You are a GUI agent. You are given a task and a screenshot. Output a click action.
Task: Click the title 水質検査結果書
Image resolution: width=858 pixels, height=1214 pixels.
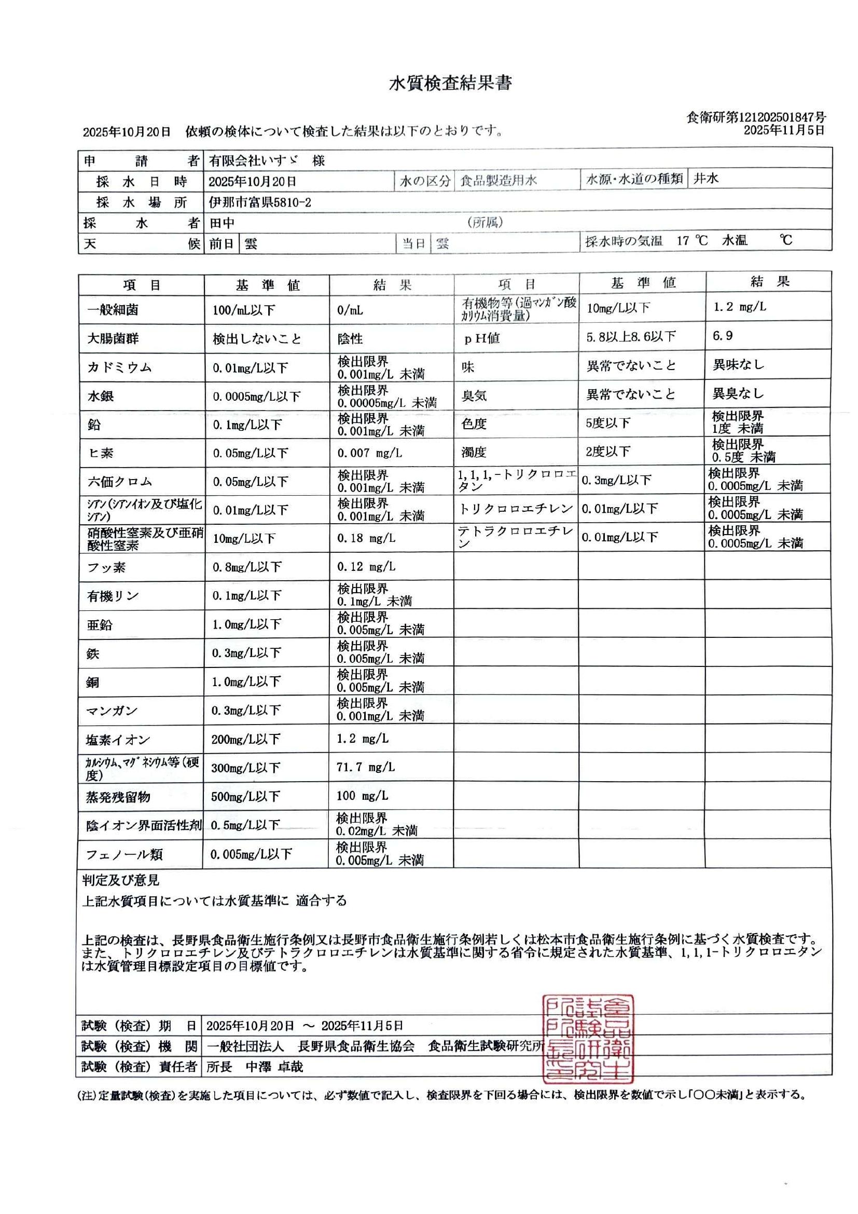click(x=450, y=84)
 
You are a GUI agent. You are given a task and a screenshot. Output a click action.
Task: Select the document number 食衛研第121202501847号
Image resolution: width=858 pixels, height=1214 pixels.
click(x=756, y=117)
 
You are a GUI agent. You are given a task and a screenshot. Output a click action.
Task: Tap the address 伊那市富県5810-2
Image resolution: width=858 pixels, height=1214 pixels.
click(x=259, y=202)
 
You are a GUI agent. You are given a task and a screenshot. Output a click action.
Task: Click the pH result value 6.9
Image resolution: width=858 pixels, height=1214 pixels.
click(x=722, y=336)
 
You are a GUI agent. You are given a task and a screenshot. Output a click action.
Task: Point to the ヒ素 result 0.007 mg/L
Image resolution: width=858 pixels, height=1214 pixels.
click(x=369, y=453)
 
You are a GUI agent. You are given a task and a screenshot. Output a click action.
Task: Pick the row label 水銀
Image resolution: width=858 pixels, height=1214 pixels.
click(x=101, y=396)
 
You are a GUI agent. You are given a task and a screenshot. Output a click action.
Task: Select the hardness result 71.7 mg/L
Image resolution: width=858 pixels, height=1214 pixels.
click(x=366, y=767)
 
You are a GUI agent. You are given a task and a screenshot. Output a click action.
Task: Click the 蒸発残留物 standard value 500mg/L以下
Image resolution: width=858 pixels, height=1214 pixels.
click(x=245, y=796)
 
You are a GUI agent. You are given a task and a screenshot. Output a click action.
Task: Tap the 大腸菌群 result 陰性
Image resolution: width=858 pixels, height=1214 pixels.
click(x=350, y=339)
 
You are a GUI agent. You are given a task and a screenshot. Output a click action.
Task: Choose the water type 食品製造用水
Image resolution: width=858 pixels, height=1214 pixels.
click(x=498, y=181)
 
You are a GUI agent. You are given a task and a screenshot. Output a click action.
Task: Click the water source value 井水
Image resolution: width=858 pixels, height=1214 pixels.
click(x=706, y=179)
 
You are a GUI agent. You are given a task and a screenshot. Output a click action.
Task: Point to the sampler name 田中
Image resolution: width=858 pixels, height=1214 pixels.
click(x=222, y=223)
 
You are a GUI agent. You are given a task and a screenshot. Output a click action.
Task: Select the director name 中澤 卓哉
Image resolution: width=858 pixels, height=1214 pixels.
click(x=274, y=1067)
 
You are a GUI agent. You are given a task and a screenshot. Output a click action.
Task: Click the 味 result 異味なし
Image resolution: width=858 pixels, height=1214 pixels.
click(x=738, y=365)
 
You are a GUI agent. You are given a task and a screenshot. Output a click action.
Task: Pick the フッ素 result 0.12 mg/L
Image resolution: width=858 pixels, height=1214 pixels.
click(x=366, y=567)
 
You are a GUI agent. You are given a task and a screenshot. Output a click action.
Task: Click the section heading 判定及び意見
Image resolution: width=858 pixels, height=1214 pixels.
click(x=120, y=880)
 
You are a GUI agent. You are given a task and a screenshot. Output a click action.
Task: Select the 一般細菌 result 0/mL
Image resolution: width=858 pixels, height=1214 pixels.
click(x=350, y=310)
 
